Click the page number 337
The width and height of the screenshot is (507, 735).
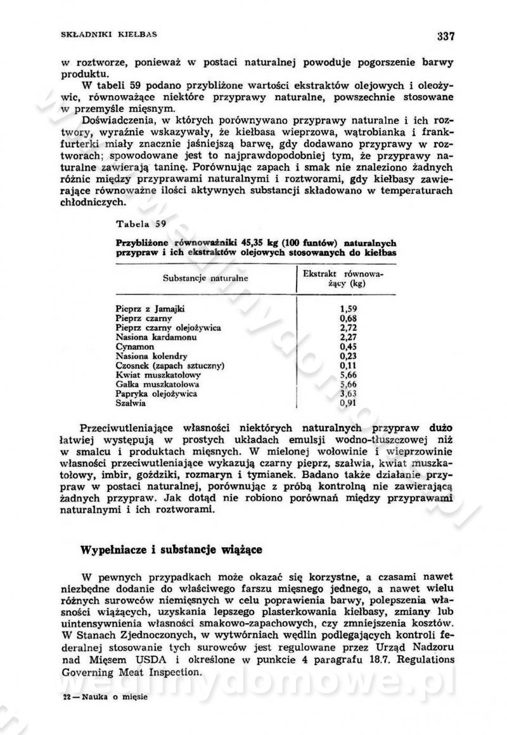click(446, 36)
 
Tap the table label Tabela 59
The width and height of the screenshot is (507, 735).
click(141, 223)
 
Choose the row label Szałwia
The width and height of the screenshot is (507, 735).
click(131, 403)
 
